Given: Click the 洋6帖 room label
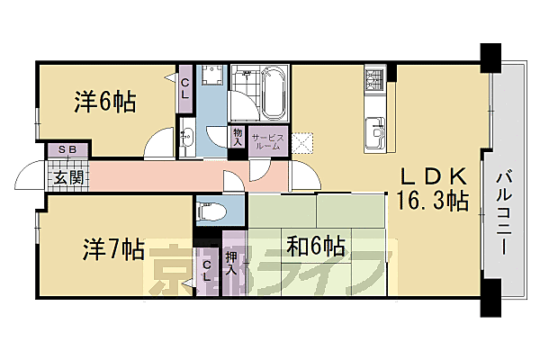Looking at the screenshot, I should point(104,102).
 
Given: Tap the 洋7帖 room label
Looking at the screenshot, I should point(114,249).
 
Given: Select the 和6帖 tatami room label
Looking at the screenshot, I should point(316,245).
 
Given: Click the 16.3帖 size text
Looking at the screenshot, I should point(430,201).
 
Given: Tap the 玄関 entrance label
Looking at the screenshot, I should point(67,177).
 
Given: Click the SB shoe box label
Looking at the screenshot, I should point(67,149).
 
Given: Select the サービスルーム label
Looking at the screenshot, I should point(268,140).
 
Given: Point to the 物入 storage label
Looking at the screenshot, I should point(238,136).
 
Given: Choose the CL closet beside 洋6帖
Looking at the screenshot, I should point(184,88).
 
